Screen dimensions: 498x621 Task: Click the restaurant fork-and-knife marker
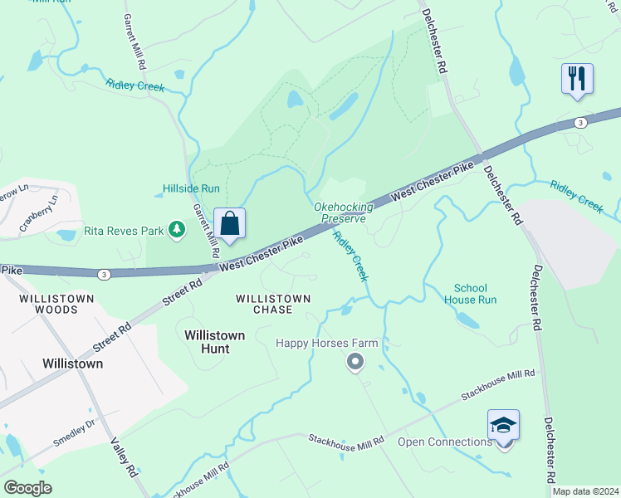pos(577,79)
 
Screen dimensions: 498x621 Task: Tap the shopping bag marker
pos(230,223)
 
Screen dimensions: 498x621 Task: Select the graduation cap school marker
pos(503,426)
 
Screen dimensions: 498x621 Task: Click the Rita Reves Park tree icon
pos(176,229)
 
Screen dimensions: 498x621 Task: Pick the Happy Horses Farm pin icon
pos(355,361)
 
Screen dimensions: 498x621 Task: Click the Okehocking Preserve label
pos(340,212)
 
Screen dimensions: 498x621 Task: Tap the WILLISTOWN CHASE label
pos(273,304)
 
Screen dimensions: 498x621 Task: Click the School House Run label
pos(470,293)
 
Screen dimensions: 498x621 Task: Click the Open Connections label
pos(444,442)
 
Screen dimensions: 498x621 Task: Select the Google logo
pos(27,487)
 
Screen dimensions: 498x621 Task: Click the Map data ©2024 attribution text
pos(585,491)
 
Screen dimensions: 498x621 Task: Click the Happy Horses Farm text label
pos(327,343)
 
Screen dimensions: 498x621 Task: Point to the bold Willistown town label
pos(73,364)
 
